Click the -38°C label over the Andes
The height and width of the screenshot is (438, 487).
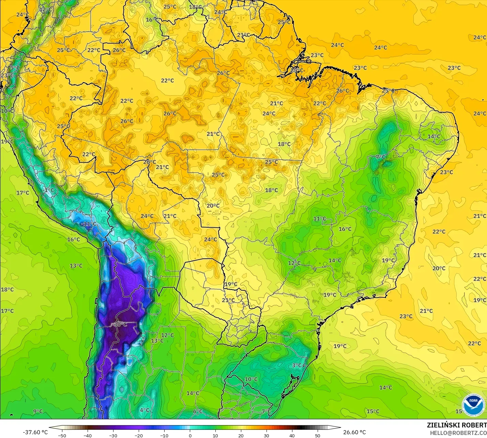coord(120,324)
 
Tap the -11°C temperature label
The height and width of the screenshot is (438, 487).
coord(89,224)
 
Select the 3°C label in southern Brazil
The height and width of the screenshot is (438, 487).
coord(297,365)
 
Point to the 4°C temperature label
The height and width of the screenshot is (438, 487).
coord(144,410)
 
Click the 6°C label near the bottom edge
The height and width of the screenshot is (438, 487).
coord(198,411)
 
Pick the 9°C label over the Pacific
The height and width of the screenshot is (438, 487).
coord(38,411)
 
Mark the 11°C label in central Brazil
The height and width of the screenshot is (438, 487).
coord(320,218)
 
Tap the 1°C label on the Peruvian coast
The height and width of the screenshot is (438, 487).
coord(49,190)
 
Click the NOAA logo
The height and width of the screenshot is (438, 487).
coord(473,405)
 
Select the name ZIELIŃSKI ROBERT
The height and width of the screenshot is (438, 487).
coord(457,425)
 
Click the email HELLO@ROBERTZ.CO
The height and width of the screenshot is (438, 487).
coord(458,433)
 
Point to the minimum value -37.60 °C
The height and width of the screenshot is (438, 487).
coord(35,432)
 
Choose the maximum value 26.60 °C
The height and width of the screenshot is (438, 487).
coord(354,432)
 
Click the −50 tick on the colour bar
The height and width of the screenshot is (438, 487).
coord(62,435)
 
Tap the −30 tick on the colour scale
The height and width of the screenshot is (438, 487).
coord(113,435)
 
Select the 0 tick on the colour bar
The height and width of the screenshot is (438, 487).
coord(190,435)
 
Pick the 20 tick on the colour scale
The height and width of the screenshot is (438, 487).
coord(241,435)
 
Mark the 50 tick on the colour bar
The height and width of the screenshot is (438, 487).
coord(318,435)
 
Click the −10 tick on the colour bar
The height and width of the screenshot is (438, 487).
coord(164,435)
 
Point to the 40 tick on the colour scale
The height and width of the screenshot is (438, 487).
coord(292,435)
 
